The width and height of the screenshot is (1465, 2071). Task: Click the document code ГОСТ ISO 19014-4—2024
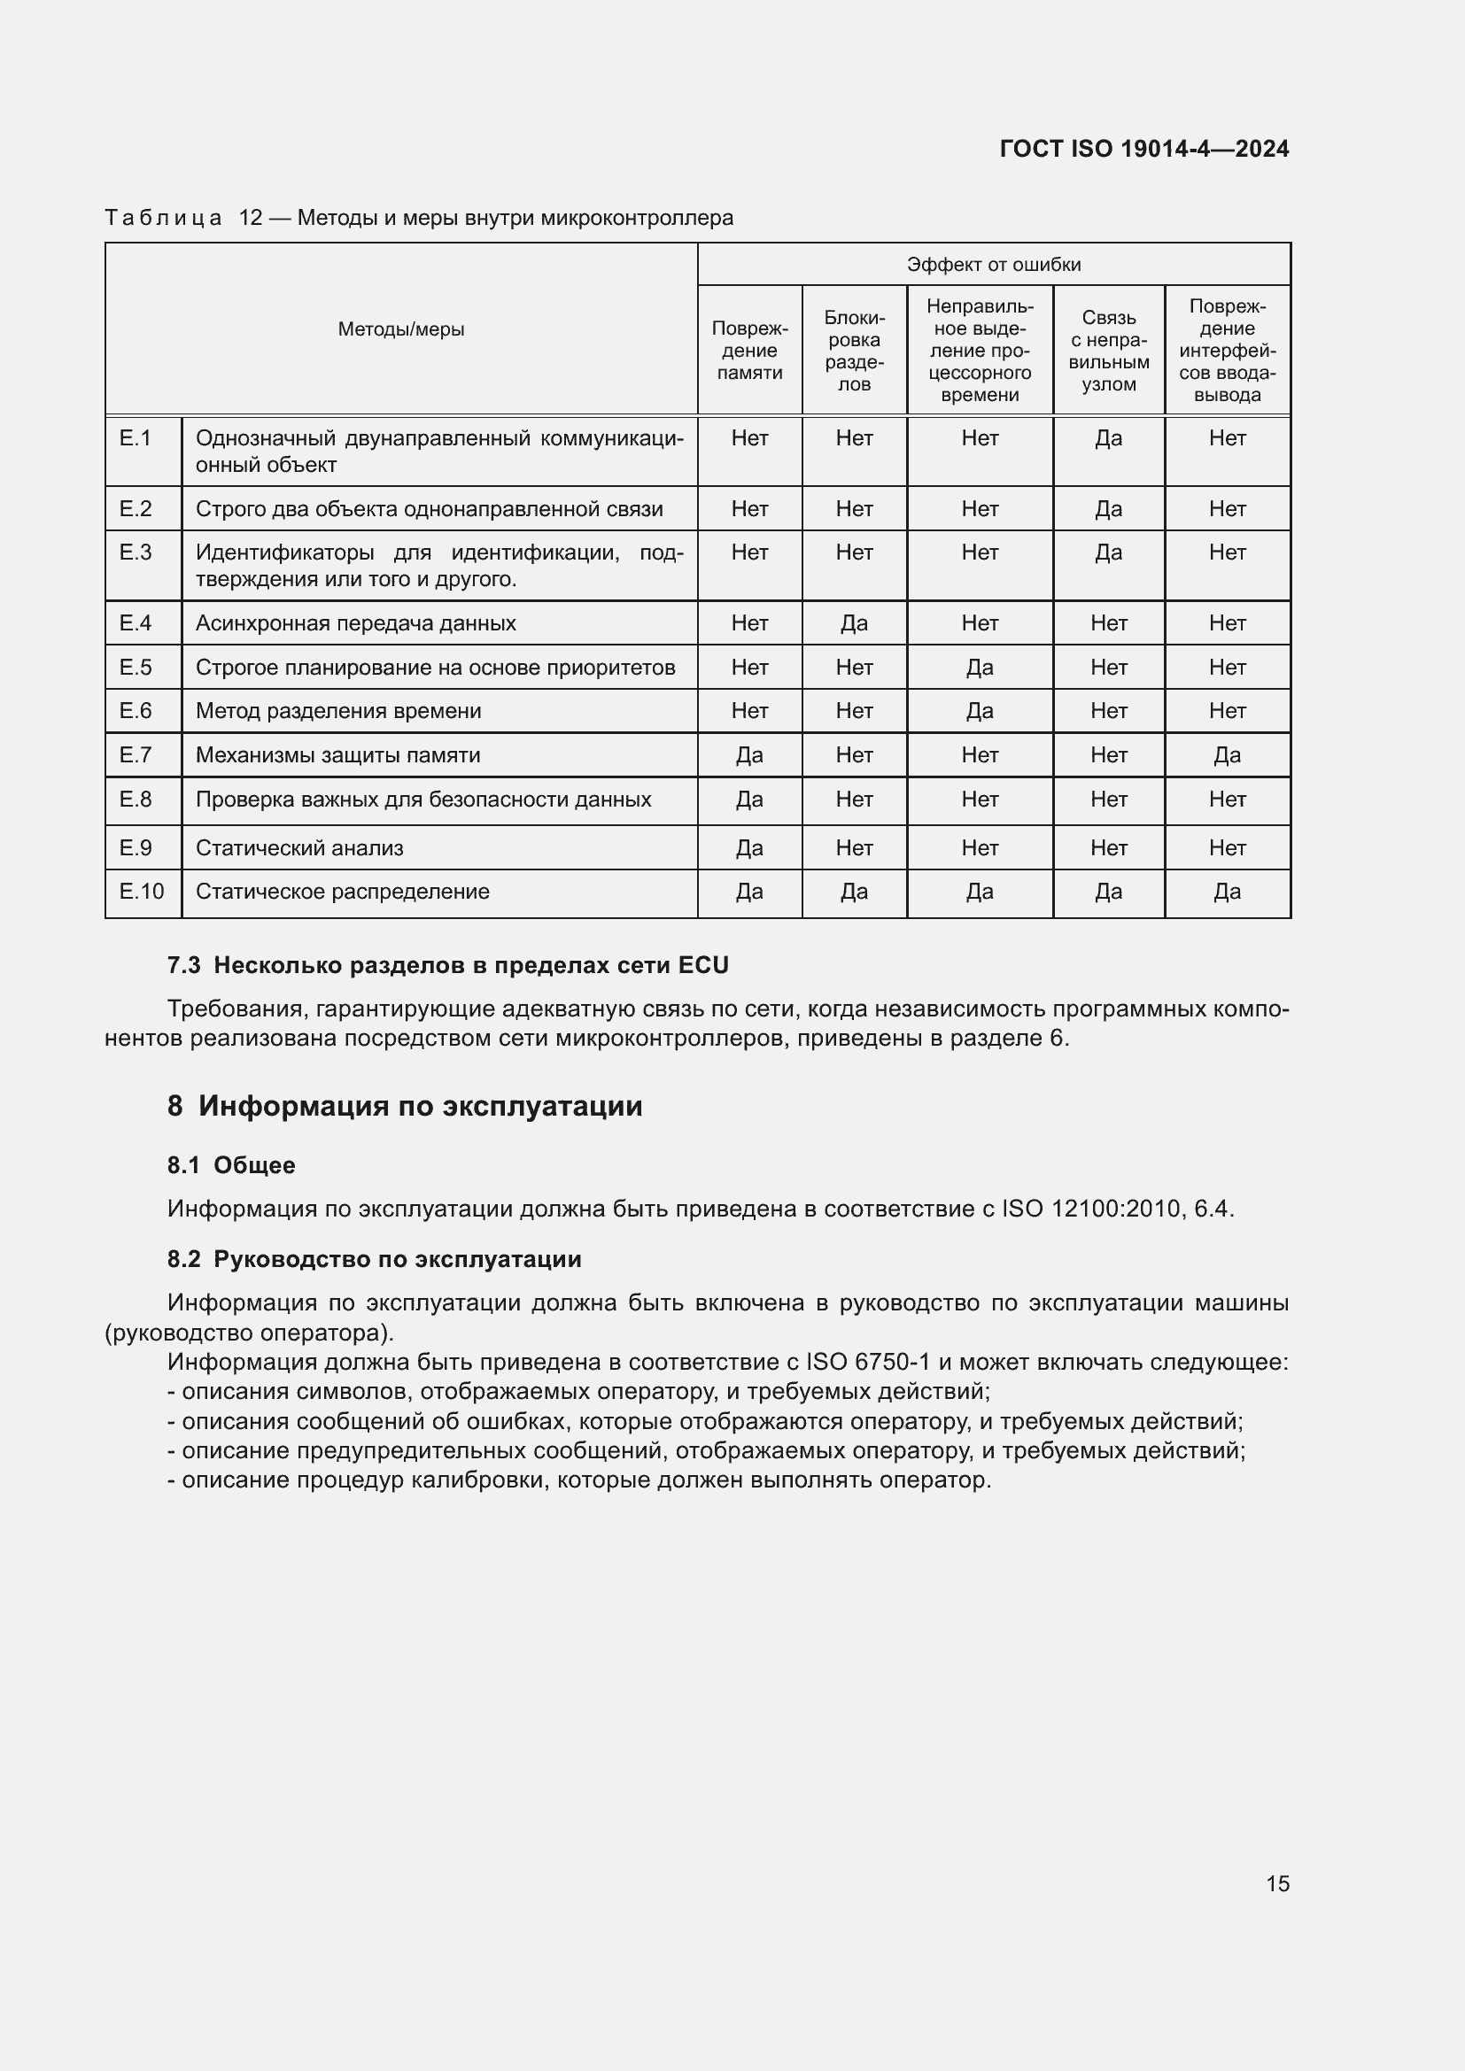[1143, 149]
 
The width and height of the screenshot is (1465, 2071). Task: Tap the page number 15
[1277, 1883]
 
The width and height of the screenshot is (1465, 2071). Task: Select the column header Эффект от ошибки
[993, 264]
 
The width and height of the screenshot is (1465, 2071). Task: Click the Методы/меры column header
[400, 329]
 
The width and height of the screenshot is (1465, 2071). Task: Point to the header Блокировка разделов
[853, 351]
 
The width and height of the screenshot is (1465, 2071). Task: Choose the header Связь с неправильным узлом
[1108, 351]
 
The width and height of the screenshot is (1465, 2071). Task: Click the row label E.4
[136, 623]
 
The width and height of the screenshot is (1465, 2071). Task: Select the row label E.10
[142, 893]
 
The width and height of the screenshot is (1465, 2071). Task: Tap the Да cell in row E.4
[853, 623]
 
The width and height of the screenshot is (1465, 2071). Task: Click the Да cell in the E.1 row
[1108, 438]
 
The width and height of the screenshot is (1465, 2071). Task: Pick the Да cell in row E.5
[979, 668]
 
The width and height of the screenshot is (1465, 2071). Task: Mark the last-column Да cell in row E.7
[1226, 755]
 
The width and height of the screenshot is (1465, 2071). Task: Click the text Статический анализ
[299, 848]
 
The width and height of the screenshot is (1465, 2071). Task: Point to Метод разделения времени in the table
[338, 711]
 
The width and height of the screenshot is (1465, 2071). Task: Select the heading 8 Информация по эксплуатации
[405, 1106]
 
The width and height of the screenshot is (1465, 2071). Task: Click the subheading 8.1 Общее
[231, 1165]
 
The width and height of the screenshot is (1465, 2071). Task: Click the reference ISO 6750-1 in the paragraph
[867, 1362]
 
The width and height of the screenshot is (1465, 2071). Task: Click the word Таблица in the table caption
[163, 219]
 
